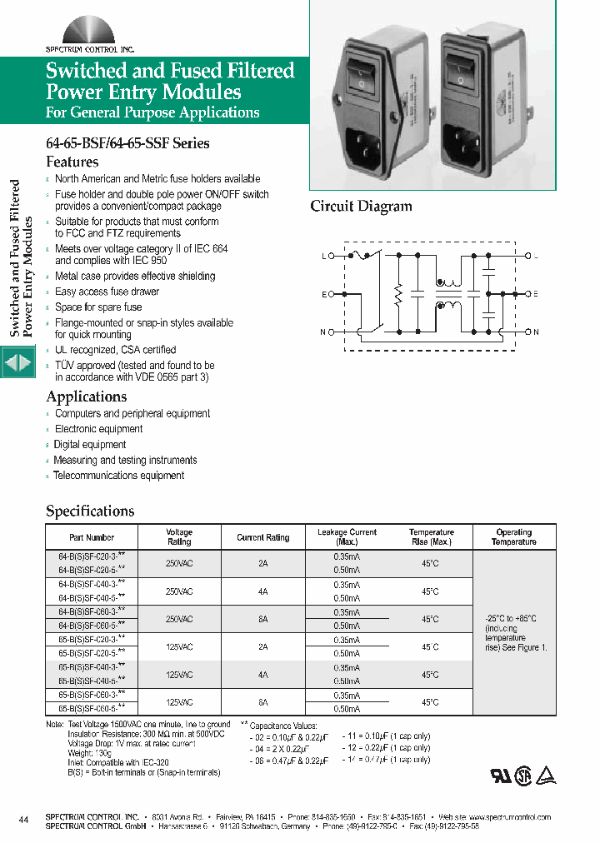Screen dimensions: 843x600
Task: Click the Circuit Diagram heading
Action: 361,207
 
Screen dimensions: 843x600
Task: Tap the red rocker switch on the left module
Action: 361,72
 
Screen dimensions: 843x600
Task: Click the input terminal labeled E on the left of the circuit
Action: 332,294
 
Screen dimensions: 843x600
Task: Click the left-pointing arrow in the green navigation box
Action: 10,364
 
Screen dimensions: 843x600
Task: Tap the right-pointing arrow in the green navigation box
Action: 26,364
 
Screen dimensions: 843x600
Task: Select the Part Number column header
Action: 92,537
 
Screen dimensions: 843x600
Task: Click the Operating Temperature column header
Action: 513,537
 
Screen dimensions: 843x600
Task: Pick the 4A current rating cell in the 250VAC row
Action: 262,591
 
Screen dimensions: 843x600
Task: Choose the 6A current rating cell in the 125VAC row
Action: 262,702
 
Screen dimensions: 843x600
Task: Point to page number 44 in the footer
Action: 23,821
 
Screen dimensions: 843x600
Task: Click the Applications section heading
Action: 87,397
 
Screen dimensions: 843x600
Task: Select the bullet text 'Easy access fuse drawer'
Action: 107,292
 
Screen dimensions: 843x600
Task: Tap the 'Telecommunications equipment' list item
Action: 118,476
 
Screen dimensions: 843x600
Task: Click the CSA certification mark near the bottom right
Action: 522,774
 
